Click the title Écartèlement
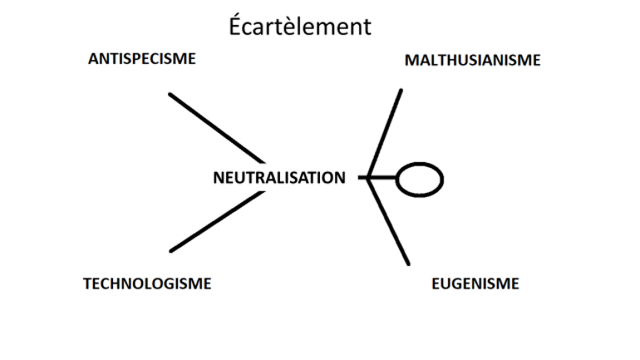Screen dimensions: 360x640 (300, 27)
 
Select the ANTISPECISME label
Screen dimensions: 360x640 (142, 59)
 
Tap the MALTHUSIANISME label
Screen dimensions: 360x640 (472, 61)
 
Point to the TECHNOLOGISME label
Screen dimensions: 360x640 (147, 284)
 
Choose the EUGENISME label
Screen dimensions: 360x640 (475, 284)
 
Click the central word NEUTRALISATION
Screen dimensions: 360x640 (278, 177)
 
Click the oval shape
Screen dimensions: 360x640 (419, 179)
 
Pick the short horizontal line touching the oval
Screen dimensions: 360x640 (382, 178)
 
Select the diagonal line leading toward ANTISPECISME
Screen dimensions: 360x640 (216, 127)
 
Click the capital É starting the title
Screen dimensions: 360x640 (236, 26)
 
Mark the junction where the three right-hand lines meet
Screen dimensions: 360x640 (369, 178)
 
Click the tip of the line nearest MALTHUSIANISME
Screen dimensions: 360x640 (401, 91)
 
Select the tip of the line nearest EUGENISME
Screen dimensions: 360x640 (408, 264)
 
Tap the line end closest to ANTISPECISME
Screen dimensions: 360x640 (170, 95)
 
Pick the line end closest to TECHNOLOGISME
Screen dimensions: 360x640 (171, 250)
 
